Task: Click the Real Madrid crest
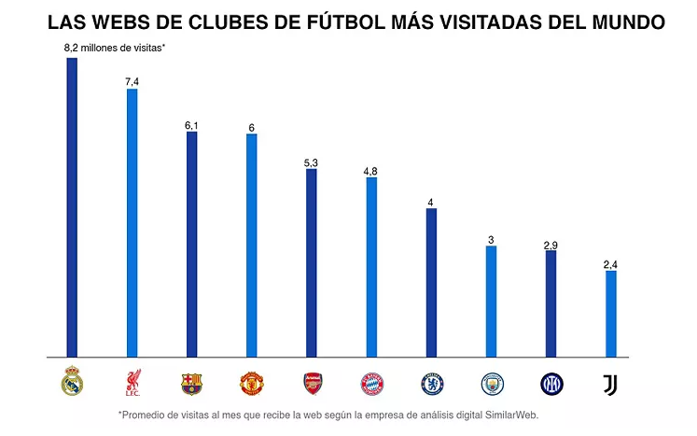point(72,382)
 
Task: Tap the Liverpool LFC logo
point(132,382)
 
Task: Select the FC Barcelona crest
point(191,382)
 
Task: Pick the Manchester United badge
point(251,382)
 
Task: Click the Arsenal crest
point(312,382)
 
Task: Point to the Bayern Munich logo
point(371,382)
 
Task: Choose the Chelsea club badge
point(431,382)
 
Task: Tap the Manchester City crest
point(491,382)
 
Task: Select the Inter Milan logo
point(551,382)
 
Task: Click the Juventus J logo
point(610,382)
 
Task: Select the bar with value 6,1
point(191,244)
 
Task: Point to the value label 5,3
point(311,162)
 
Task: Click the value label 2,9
point(551,245)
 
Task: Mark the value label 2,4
point(610,265)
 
